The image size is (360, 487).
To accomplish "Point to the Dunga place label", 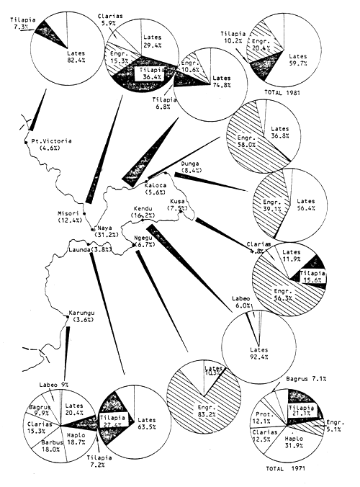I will [190, 164].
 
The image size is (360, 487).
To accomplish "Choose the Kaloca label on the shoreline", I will [157, 185].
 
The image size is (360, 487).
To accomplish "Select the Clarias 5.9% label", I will [109, 20].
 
